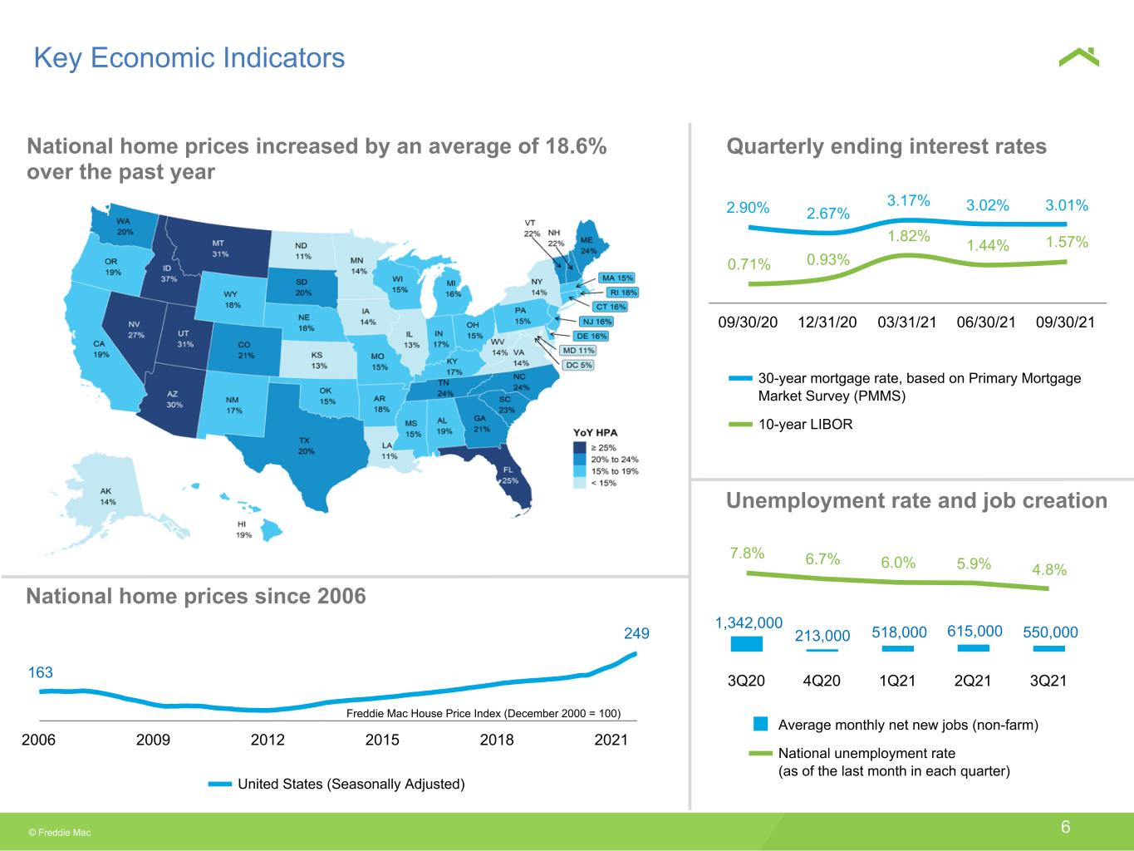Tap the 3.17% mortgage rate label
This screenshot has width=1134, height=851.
908,200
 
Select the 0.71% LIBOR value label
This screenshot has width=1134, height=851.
749,264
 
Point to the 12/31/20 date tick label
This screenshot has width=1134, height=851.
827,322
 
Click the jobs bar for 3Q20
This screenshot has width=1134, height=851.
747,644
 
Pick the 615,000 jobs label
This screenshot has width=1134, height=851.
974,631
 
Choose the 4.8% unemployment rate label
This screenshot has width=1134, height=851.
1049,569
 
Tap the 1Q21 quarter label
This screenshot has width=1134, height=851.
897,681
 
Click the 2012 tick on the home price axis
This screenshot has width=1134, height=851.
268,740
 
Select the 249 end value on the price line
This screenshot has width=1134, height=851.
636,633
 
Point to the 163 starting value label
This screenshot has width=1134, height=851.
41,672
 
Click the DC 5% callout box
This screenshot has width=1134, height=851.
578,365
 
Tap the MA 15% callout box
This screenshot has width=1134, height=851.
617,278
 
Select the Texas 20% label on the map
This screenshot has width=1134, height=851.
306,446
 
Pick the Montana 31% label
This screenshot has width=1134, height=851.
219,248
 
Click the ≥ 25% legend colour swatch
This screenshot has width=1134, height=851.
580,447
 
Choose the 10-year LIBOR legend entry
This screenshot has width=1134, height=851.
790,424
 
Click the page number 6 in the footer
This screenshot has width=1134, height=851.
1065,827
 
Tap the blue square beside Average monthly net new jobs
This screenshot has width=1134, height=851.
760,724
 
